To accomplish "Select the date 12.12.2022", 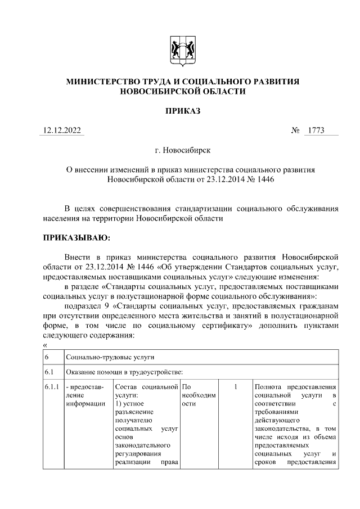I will coord(63,131).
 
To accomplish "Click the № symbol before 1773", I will coord(295,131).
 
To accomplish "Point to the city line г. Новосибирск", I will coord(182,151).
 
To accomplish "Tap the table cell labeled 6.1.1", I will coord(52,387).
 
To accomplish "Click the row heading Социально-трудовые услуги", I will coord(110,357).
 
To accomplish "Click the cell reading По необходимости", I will coord(199,395).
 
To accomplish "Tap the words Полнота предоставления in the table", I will coord(295,387).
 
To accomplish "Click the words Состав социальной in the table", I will coord(146,387).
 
